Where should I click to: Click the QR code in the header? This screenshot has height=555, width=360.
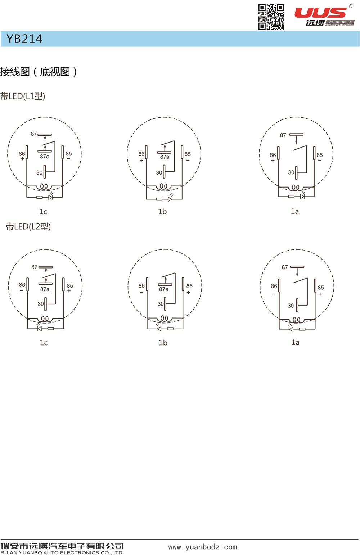point(271,17)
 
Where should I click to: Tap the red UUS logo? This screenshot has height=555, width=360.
point(320,13)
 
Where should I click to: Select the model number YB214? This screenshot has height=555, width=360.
point(24,39)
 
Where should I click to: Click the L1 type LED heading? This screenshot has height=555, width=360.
point(23,96)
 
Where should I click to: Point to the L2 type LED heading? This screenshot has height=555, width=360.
point(28,226)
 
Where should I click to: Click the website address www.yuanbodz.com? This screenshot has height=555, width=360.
point(202,547)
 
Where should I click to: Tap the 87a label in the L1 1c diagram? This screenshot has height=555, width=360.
point(45,156)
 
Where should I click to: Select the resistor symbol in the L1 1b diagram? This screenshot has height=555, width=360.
point(159,199)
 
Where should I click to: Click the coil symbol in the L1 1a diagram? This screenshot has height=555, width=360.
point(296,188)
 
